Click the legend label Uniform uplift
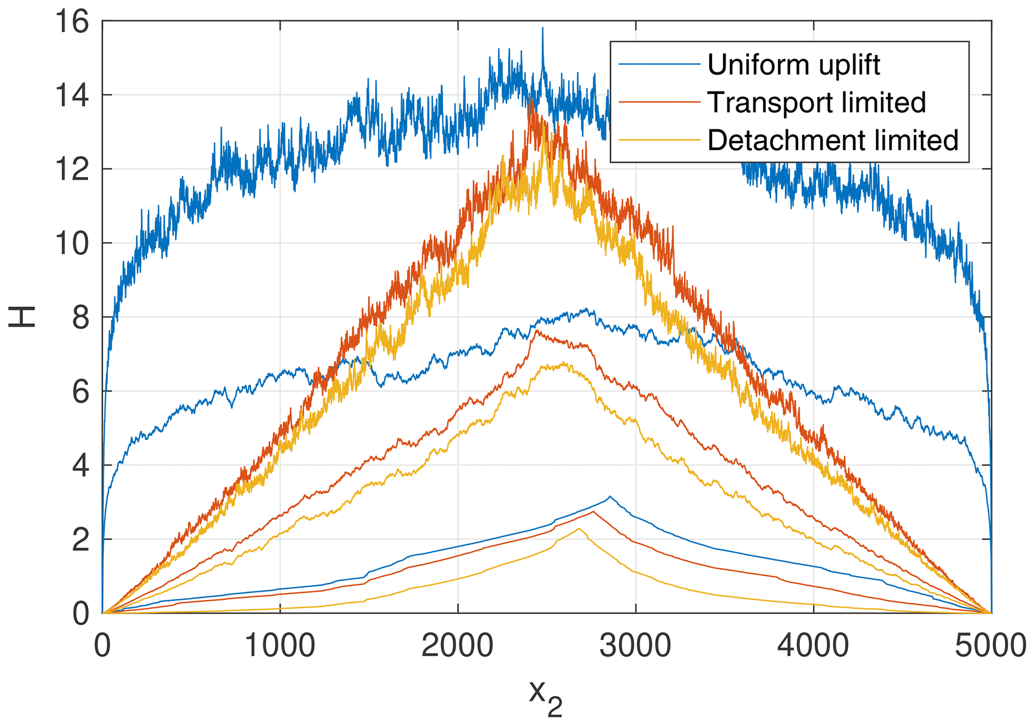(793, 65)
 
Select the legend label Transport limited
(816, 102)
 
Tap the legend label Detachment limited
(833, 140)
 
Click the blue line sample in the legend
(659, 64)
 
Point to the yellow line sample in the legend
(659, 140)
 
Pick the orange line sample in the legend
(659, 102)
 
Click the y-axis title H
(22, 316)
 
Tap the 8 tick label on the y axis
(81, 318)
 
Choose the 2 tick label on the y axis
(81, 540)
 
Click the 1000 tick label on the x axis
(279, 646)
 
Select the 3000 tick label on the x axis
(635, 646)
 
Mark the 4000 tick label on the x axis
(813, 646)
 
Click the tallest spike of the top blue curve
(542, 28)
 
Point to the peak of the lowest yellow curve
(578, 529)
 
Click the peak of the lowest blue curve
(609, 496)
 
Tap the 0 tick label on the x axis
(103, 646)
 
